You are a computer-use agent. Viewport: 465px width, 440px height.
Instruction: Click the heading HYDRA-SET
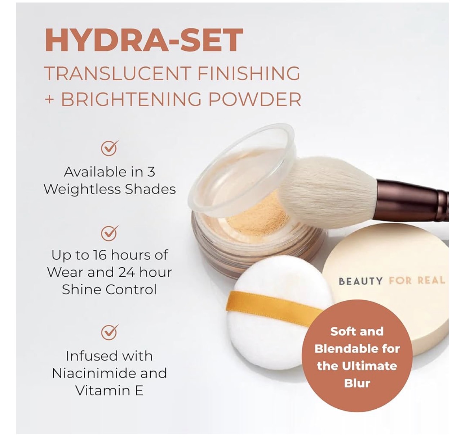tap(143, 40)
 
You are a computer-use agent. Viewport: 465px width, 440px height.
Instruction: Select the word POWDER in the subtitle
tap(255, 99)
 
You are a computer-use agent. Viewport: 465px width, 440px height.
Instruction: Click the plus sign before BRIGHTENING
tap(49, 100)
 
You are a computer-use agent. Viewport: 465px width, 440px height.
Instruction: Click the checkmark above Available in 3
tap(110, 148)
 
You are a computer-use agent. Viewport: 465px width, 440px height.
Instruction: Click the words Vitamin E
tap(109, 391)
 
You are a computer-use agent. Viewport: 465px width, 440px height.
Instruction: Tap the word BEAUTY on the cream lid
tap(361, 281)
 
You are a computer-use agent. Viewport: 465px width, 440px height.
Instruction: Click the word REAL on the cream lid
tap(431, 280)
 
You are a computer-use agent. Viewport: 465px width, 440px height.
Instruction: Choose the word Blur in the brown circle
tap(357, 383)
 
